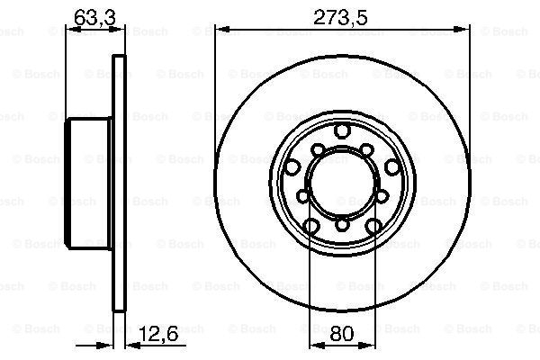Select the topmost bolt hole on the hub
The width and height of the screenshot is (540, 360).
tap(342, 133)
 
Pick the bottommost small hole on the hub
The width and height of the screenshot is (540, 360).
tap(342, 226)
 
